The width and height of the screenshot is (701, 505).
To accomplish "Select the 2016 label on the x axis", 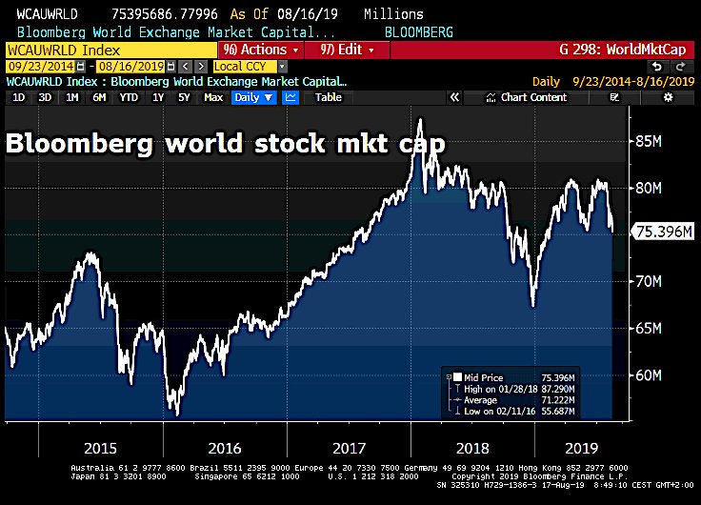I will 224,447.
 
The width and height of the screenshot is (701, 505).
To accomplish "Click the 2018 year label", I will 471,447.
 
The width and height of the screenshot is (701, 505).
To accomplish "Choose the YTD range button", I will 129,97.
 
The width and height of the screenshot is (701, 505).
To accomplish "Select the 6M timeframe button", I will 99,97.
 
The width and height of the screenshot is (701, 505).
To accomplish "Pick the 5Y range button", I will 184,97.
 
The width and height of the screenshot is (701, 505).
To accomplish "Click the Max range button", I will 213,97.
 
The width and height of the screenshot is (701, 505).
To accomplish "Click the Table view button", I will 329,97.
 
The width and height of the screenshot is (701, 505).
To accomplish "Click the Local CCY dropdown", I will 250,67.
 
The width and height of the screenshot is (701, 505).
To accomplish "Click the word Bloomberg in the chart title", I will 76,145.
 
